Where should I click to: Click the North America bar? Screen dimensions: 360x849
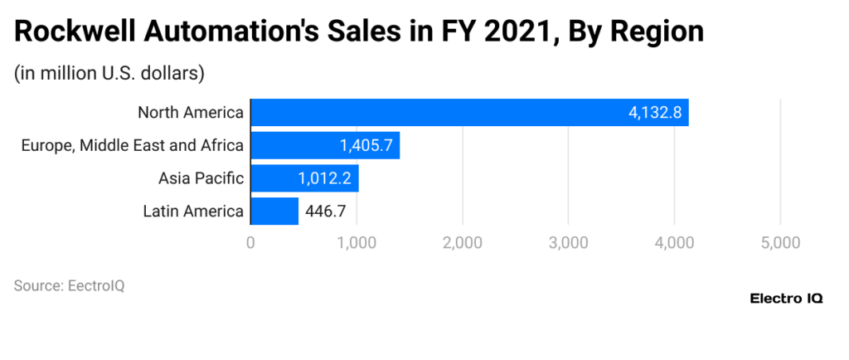469,113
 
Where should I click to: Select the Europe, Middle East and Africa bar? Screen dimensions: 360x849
325,145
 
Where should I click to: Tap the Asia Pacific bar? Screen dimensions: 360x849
304,178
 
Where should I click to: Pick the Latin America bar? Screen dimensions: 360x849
274,211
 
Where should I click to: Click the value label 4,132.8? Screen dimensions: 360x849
655,113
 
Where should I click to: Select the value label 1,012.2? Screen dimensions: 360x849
325,178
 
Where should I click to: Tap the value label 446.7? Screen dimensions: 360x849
326,212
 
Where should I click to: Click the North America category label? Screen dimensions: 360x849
191,113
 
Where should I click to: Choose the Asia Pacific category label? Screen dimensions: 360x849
201,178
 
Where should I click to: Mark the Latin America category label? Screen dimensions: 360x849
193,212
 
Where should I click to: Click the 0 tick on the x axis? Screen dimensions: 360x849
250,243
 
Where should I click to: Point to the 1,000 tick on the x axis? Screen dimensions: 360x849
357,243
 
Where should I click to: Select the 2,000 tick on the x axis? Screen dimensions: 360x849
463,243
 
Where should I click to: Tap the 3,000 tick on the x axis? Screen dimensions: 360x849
568,243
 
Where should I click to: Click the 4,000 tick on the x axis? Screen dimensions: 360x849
674,243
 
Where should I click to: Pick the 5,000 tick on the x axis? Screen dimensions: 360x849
779,243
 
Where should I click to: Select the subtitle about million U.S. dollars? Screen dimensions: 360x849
109,73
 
